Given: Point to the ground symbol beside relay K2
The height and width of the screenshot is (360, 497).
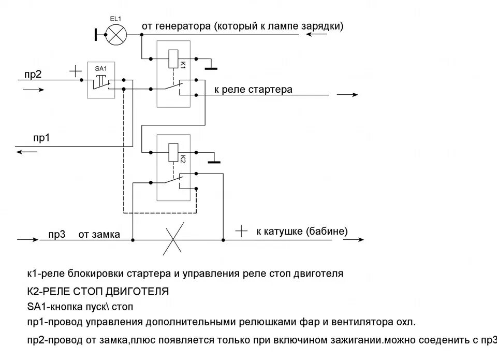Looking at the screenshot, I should [214, 161].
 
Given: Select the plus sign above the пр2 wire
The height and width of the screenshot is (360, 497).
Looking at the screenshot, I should [76, 69].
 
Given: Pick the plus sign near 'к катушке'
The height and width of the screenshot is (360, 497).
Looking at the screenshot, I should [241, 231].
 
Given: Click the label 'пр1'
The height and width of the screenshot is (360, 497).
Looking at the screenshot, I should [41, 139].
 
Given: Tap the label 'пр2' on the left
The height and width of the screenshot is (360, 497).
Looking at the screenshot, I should [33, 74].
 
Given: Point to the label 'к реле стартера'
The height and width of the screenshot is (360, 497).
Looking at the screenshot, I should [253, 90].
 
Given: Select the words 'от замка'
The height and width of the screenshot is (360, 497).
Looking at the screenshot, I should [99, 235].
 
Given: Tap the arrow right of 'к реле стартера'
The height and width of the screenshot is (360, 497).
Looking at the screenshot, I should [347, 95].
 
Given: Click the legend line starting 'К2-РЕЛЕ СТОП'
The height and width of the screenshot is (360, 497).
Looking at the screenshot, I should [97, 291].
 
